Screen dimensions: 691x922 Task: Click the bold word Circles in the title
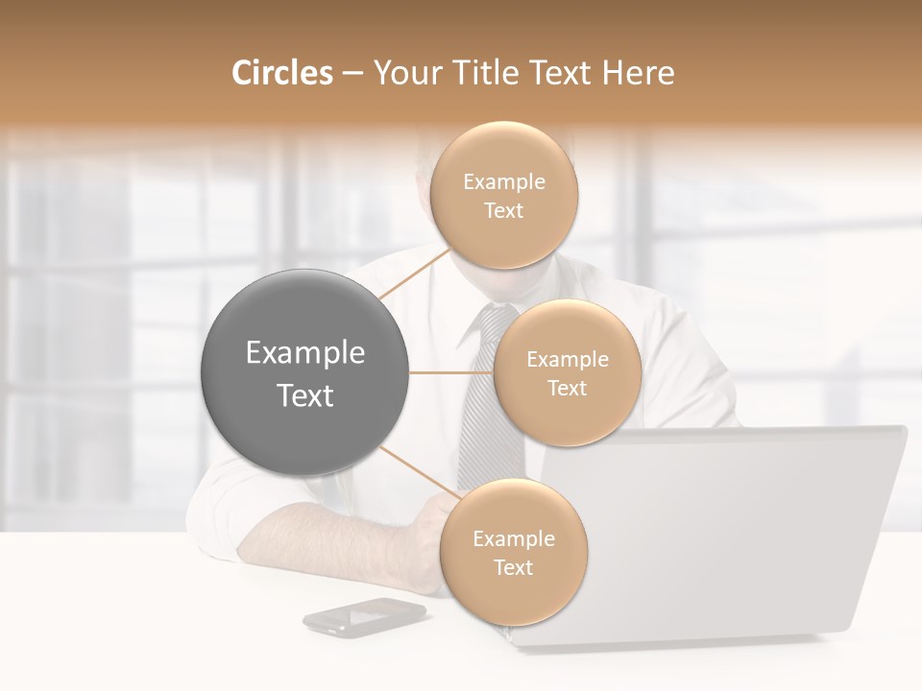(x=282, y=73)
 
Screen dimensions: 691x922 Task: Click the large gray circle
(x=304, y=372)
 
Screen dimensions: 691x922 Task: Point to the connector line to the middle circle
(x=449, y=372)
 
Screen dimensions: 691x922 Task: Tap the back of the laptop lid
(x=730, y=528)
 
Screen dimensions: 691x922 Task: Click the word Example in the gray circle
(x=304, y=353)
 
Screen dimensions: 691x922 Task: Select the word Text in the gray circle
(x=304, y=395)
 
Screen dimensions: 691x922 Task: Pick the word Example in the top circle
(x=503, y=182)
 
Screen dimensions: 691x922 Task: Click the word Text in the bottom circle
(x=513, y=567)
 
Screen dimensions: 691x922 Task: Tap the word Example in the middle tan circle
(x=567, y=360)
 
